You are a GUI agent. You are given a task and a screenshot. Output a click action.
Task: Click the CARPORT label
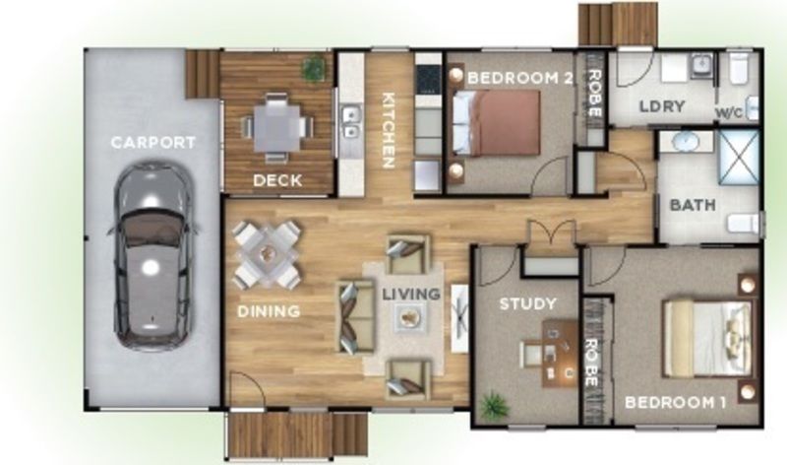coord(153,143)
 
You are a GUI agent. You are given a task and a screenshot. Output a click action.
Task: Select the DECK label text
coord(277,180)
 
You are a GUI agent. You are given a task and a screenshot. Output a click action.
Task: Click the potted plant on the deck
coord(314,67)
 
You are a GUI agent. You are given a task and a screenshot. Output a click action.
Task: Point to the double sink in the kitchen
coord(351,121)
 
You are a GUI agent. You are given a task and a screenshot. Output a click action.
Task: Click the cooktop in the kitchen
coord(428,80)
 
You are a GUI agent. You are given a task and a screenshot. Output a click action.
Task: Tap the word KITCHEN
coord(388,130)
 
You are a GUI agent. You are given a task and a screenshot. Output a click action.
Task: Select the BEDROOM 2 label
coord(520,79)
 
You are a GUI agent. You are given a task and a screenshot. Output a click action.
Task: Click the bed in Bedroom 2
coord(496,123)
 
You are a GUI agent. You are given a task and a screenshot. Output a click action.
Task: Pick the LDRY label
coord(662,107)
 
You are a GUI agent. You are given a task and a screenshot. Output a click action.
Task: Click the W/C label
coord(729,113)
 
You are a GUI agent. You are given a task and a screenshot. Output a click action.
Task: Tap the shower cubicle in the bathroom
coord(739,158)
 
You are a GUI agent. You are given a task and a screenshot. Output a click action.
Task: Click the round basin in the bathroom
coord(684,141)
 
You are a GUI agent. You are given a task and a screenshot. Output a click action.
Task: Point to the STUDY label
coord(528,304)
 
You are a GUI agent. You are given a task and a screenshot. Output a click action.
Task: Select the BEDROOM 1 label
coord(676,403)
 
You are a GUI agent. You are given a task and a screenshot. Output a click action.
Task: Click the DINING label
coord(269,311)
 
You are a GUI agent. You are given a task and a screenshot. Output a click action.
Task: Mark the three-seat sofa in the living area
coord(356,316)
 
